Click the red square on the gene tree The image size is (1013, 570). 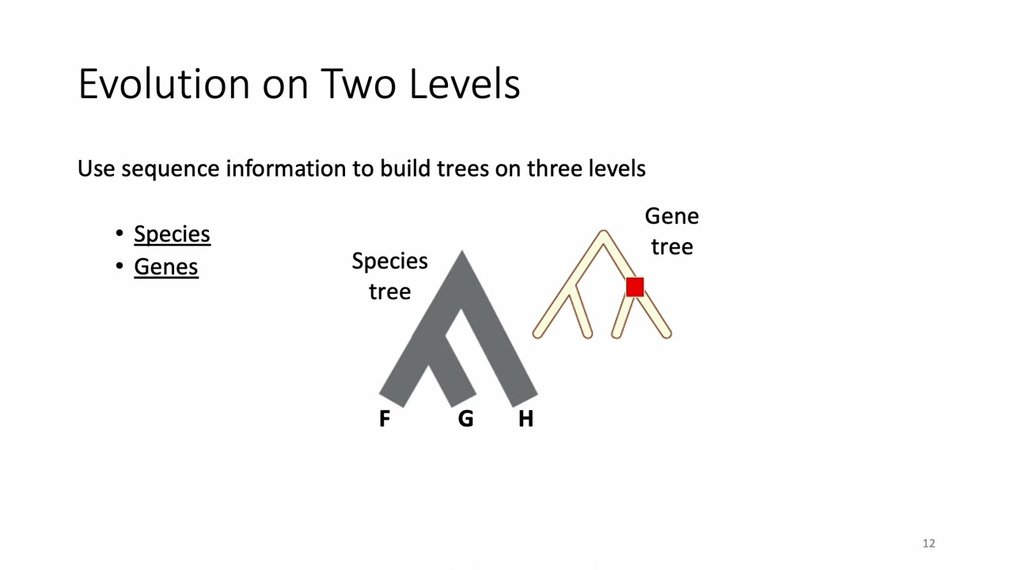point(635,287)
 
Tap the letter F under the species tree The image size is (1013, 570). point(385,419)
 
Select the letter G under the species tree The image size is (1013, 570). point(465,419)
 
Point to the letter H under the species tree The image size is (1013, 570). point(525,419)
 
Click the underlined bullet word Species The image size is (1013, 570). point(172,234)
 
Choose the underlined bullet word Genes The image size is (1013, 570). point(165,267)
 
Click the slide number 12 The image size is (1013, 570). point(928,543)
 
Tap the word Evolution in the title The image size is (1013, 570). point(165,83)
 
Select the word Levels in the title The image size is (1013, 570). point(464,83)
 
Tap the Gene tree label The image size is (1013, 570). point(671,231)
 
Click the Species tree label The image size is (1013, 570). point(389,276)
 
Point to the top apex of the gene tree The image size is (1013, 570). point(603,234)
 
